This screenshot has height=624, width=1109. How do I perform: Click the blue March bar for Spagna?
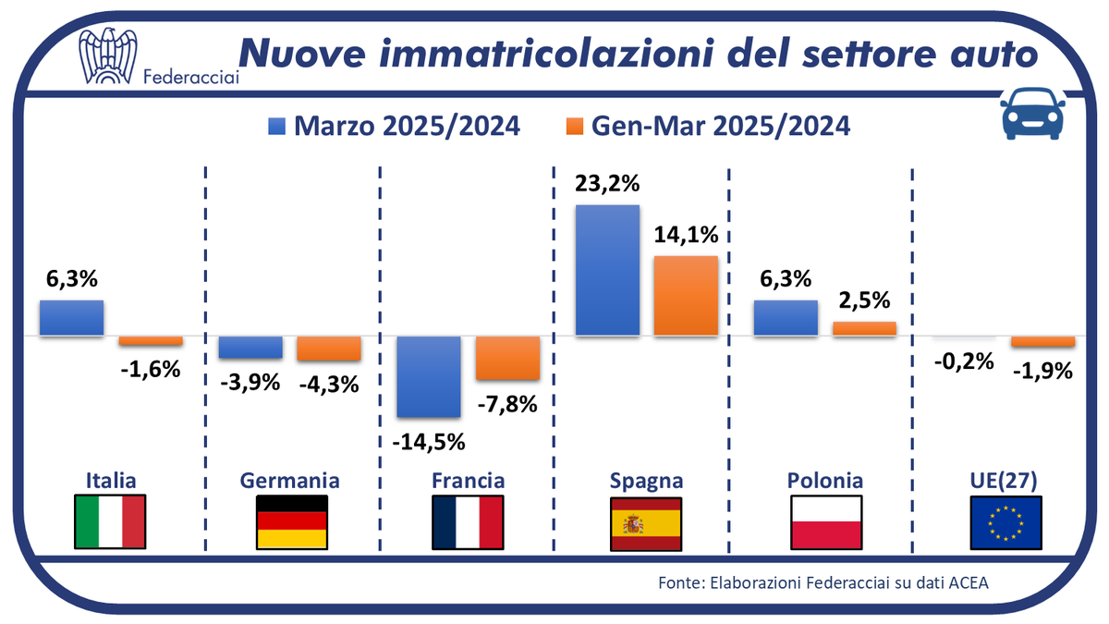pos(607,270)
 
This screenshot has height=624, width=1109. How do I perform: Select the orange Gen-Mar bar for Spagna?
pos(686,295)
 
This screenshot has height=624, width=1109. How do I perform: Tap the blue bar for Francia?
pos(429,376)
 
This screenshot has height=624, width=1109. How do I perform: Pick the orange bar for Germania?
pos(328,348)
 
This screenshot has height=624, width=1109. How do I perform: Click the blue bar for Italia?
pos(71,317)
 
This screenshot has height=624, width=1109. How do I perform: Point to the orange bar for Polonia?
pos(864,328)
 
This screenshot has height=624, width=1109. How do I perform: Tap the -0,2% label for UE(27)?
pos(962,361)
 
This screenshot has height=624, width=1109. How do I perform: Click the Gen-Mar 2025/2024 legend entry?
pos(707,126)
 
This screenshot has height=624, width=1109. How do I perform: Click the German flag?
pos(291,522)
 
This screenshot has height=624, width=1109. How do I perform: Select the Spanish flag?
pos(646,522)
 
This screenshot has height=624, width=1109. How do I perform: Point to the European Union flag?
pos(1005,522)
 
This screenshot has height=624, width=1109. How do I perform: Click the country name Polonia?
pos(825,481)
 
